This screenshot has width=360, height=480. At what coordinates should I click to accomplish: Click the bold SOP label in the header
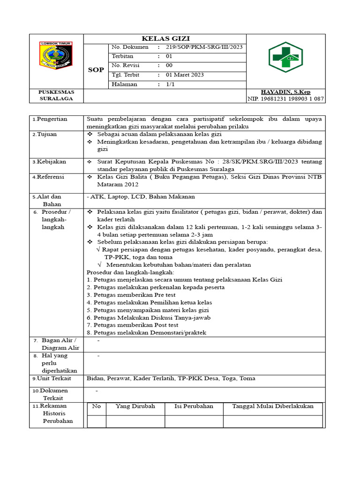click(x=96, y=70)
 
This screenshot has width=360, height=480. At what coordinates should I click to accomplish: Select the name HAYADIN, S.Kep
click(x=285, y=92)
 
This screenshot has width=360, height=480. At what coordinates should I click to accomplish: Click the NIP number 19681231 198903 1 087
click(x=285, y=99)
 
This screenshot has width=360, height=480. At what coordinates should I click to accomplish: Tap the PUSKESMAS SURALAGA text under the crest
click(x=56, y=96)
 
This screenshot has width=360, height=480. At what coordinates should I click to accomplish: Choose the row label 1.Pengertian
click(x=50, y=119)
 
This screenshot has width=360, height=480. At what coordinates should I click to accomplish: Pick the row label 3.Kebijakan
click(x=50, y=162)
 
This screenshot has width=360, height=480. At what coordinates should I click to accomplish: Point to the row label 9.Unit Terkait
click(x=52, y=379)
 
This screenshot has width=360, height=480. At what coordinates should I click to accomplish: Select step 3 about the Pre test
click(x=131, y=295)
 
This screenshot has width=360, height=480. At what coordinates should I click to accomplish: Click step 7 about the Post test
click(x=133, y=325)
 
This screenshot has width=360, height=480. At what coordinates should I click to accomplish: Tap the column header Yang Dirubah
click(x=135, y=406)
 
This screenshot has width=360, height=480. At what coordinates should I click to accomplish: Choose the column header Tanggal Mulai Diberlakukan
click(x=273, y=406)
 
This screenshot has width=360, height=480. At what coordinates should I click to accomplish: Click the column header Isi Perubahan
click(x=194, y=406)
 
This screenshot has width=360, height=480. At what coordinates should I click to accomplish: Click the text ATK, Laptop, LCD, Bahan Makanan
click(x=141, y=197)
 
